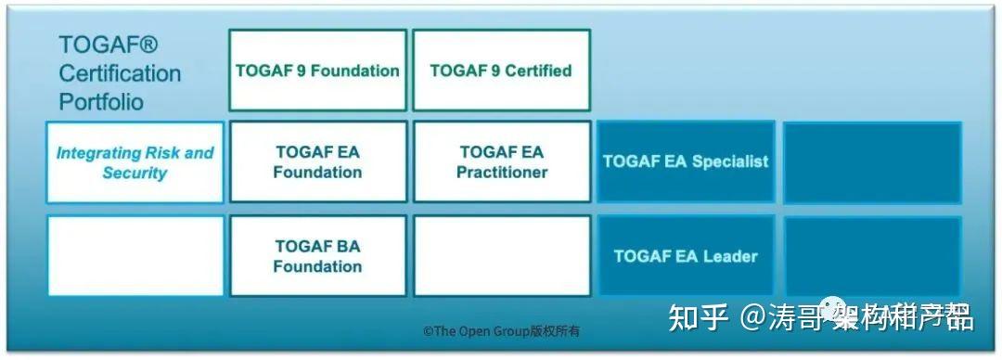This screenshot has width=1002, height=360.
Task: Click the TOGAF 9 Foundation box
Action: (x=317, y=71)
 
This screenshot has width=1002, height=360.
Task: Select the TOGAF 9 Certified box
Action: (x=501, y=71)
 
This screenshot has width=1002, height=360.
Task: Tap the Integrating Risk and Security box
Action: (x=135, y=162)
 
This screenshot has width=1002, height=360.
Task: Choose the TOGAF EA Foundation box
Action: (x=317, y=161)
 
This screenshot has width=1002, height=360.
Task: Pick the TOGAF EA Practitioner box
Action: (x=501, y=161)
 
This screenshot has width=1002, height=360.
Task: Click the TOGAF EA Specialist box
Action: (x=686, y=161)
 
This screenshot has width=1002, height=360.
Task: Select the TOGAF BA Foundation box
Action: (x=317, y=256)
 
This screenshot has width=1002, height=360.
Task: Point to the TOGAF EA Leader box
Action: (x=686, y=256)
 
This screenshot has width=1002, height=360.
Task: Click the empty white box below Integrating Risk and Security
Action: (x=135, y=256)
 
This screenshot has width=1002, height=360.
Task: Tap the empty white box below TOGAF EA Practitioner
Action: (x=501, y=256)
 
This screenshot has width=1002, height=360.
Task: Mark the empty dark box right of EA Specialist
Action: (x=872, y=161)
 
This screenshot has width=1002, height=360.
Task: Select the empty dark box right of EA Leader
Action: (x=872, y=256)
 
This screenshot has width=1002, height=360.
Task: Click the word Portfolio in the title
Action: (x=101, y=101)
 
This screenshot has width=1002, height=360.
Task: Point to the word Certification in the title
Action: (x=120, y=73)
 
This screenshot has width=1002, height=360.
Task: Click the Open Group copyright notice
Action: (x=501, y=331)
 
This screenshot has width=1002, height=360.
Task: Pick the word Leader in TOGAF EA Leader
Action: (x=729, y=256)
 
